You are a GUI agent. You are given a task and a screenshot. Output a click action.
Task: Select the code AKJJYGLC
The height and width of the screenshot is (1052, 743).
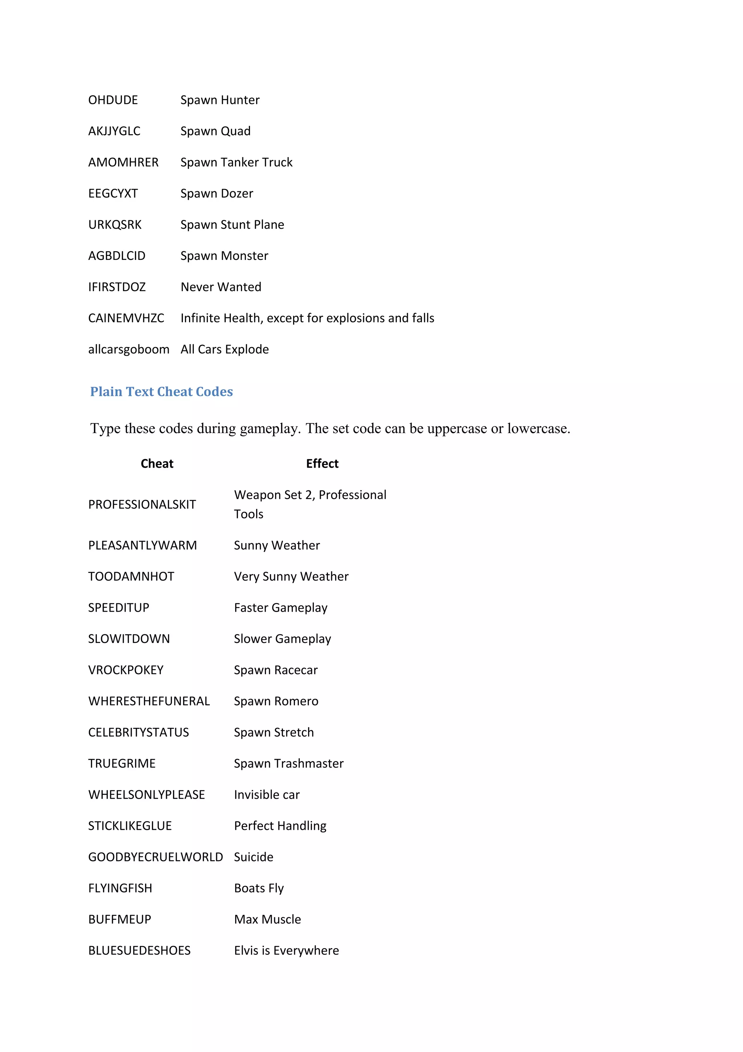(x=114, y=131)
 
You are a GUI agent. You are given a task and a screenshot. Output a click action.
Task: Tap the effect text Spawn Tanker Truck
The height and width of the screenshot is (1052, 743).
(x=236, y=163)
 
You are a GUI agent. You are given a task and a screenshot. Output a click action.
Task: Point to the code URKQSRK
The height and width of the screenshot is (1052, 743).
(x=115, y=225)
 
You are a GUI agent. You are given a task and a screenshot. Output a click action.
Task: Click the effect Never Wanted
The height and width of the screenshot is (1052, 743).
(x=221, y=287)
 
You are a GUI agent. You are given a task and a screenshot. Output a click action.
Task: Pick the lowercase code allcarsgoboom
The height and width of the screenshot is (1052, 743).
(x=129, y=350)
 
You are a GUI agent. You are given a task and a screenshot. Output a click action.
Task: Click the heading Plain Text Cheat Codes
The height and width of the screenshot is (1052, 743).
(x=161, y=392)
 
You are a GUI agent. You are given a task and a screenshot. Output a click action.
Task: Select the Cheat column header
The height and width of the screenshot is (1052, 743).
(x=157, y=464)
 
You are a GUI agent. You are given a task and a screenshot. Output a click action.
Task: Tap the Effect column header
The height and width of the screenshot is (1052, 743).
(x=322, y=464)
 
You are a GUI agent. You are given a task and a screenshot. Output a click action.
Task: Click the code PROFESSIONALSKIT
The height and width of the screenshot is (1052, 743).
(x=142, y=505)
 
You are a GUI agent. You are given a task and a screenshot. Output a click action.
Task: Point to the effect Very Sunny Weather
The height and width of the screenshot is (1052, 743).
(x=291, y=576)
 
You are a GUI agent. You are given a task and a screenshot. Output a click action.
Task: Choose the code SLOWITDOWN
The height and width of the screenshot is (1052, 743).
(x=129, y=639)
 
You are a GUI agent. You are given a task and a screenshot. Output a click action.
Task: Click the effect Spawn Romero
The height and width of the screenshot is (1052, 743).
(x=276, y=701)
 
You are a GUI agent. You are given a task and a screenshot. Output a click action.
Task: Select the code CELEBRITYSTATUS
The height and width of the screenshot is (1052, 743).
(x=138, y=732)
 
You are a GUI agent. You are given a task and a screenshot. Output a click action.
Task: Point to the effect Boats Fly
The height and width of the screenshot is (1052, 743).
(x=259, y=888)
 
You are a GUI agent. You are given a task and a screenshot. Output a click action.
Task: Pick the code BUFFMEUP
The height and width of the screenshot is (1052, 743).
(x=119, y=920)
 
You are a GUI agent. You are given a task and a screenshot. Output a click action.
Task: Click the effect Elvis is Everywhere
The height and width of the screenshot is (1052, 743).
(x=286, y=951)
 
